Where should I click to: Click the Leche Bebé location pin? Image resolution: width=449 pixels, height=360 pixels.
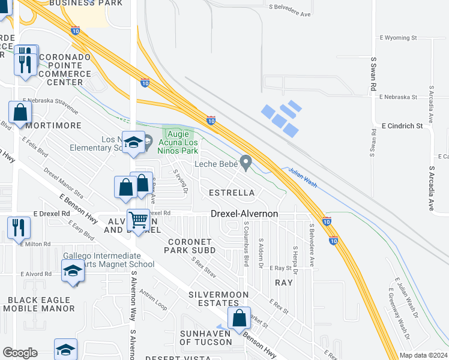point(246,162)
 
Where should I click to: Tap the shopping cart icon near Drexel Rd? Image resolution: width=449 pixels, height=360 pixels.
point(139,220)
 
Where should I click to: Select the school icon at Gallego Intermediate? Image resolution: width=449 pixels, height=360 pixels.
point(73,271)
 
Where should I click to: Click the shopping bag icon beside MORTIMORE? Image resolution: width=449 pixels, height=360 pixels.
point(20,112)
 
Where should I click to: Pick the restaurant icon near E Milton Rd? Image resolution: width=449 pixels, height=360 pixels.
point(19,227)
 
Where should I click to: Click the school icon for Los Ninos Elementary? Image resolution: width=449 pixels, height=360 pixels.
point(133,143)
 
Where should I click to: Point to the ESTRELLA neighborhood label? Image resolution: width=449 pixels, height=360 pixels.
point(231,193)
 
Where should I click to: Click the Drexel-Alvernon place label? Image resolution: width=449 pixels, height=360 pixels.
point(244,214)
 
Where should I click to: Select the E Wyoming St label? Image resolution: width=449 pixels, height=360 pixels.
point(399,37)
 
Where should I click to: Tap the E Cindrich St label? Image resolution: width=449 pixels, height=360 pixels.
point(402,126)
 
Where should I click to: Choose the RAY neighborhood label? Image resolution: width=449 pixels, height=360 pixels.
point(283,282)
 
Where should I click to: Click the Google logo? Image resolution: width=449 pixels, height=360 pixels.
point(20,353)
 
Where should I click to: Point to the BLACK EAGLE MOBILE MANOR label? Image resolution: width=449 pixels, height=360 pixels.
point(38,304)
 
